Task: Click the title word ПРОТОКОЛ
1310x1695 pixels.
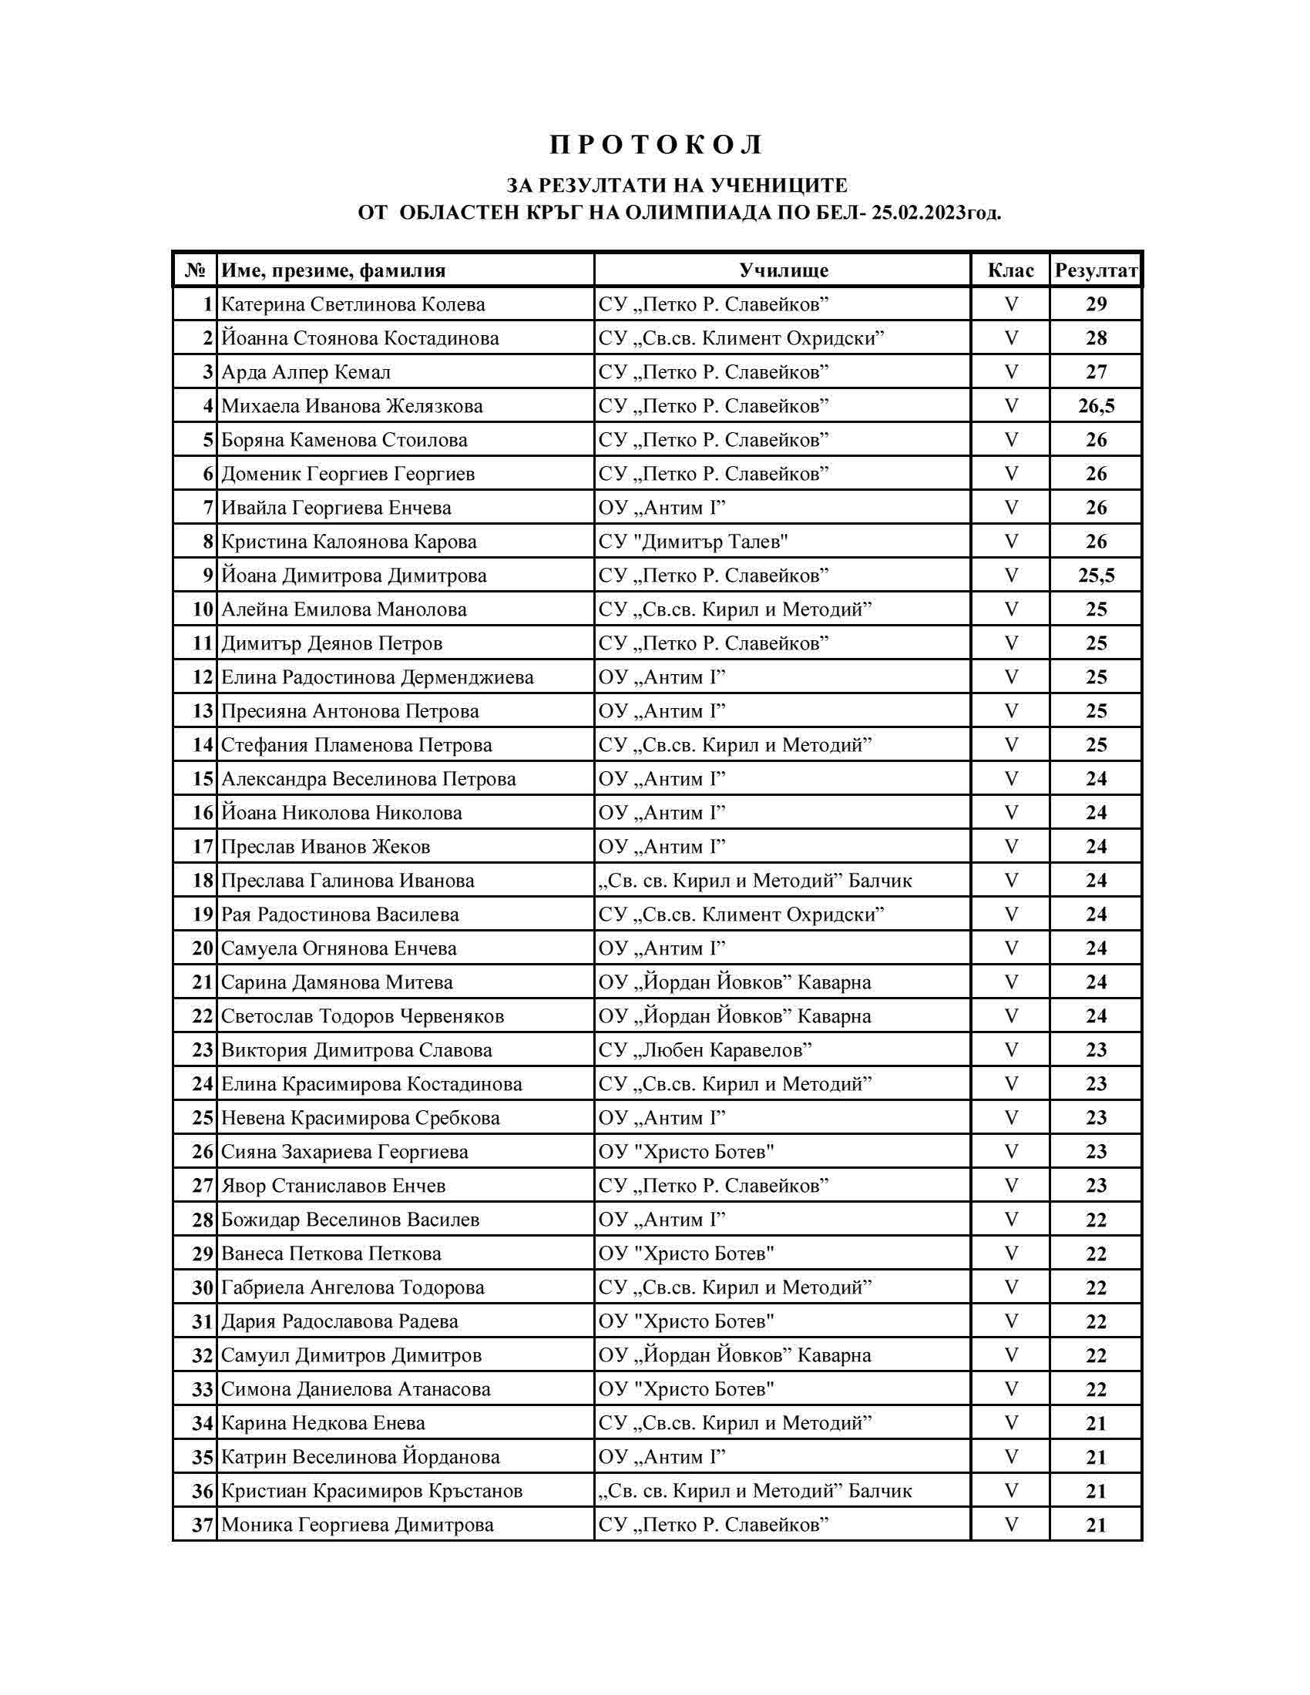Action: coord(657,145)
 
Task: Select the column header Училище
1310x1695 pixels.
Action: coord(783,270)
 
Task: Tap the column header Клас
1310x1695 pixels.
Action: coord(1010,270)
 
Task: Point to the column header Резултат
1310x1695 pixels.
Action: coord(1096,270)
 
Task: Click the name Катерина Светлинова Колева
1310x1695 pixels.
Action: coord(353,304)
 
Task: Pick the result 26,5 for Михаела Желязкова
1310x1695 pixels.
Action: coord(1096,406)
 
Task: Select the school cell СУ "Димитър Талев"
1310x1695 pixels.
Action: coord(693,542)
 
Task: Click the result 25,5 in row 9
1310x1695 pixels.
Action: coord(1096,576)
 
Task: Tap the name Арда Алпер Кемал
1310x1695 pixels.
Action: coord(306,373)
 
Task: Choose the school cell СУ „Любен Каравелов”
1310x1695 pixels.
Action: coord(705,1050)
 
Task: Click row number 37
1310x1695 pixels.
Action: coord(203,1525)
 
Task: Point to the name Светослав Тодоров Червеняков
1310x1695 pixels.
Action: coord(362,1016)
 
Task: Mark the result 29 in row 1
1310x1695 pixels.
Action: coord(1096,304)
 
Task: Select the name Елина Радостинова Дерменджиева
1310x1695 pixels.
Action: coord(377,677)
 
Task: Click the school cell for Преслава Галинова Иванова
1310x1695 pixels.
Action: coord(755,881)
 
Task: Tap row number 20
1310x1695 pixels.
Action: coord(203,948)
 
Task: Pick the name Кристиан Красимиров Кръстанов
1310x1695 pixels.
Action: coord(371,1491)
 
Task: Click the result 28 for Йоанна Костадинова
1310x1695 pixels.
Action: coord(1096,338)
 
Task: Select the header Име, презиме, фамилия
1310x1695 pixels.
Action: coord(334,270)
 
